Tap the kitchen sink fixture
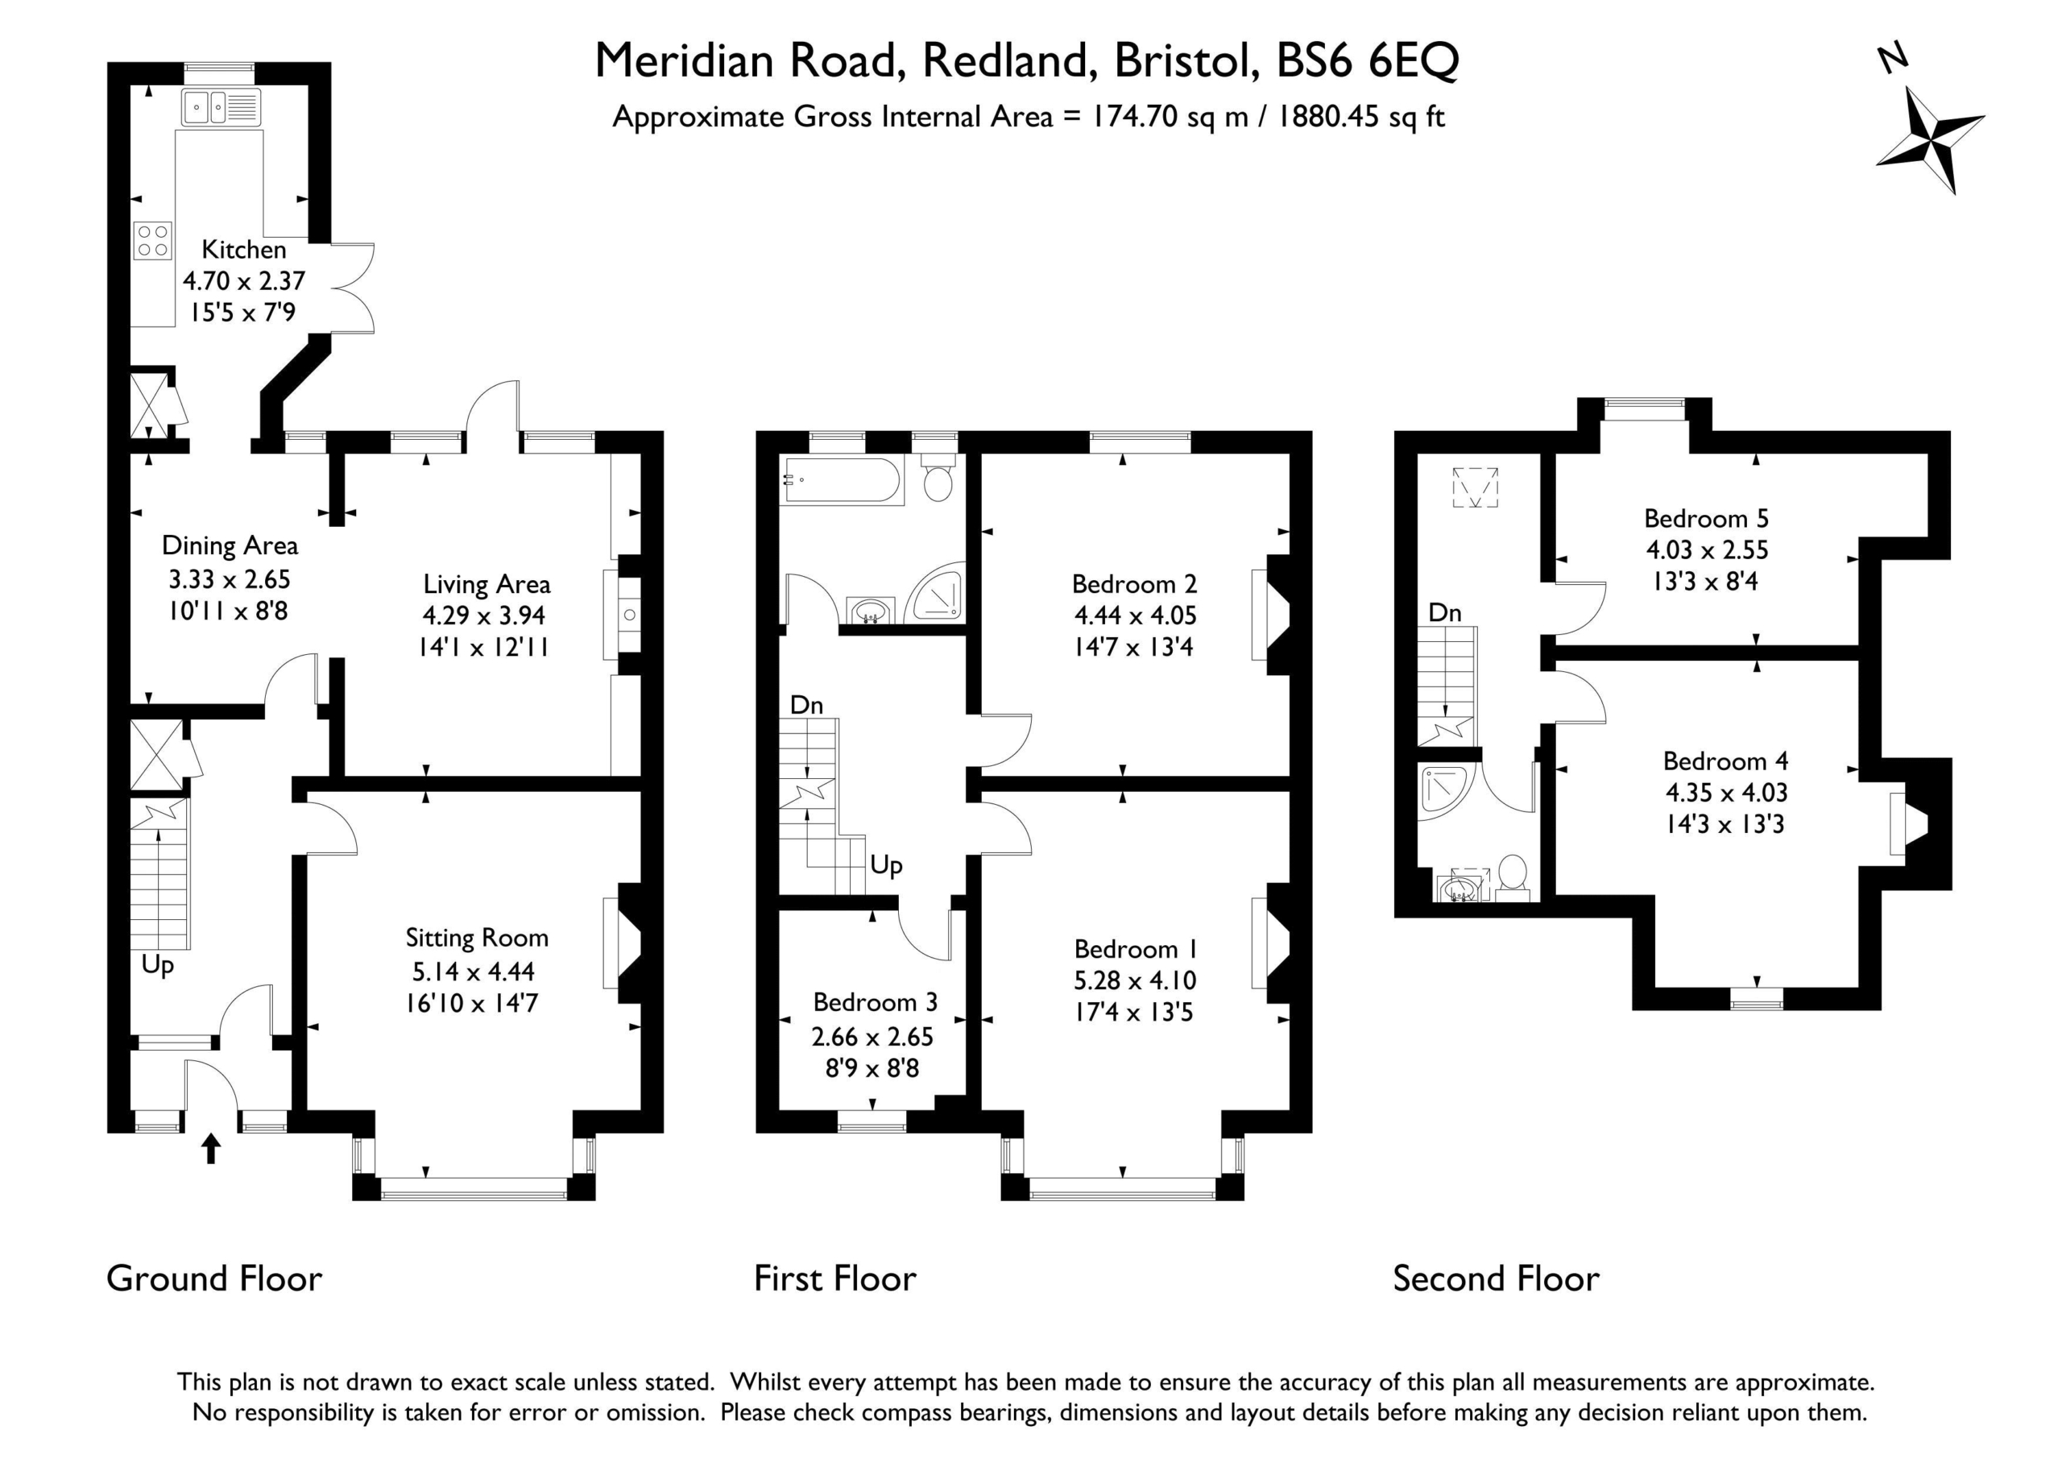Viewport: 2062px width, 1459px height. coord(221,107)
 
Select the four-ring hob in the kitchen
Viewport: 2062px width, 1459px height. coord(153,240)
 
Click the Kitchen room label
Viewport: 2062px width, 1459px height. coord(243,250)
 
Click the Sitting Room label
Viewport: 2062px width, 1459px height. coord(477,938)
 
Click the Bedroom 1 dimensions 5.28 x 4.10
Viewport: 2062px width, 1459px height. coord(1135,980)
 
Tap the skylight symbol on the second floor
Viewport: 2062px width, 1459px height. coord(1476,487)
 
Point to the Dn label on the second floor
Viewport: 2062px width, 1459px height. coord(1444,613)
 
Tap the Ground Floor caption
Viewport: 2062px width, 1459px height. coord(213,1279)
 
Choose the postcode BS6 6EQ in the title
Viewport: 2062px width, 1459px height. coord(1368,61)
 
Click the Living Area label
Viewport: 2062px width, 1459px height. coord(487,585)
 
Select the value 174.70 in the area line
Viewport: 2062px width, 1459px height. coord(1133,117)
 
